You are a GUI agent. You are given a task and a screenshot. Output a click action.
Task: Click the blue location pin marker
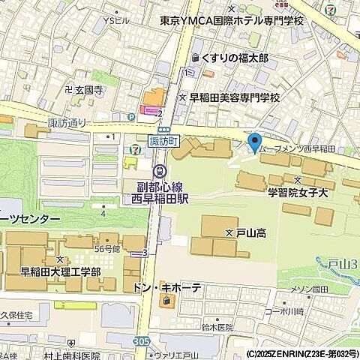pos(254,142)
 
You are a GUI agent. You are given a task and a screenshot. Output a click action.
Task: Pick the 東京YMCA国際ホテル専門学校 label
pos(232,21)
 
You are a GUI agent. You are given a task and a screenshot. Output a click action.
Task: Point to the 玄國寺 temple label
pos(83,89)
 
